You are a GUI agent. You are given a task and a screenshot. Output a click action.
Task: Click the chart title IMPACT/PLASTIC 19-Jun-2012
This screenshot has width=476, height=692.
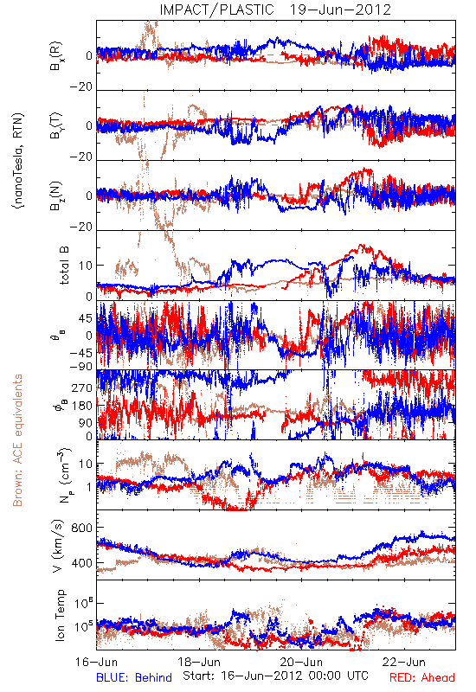pyautogui.click(x=275, y=10)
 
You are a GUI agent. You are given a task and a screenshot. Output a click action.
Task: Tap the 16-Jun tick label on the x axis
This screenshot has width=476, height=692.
pyautogui.click(x=97, y=662)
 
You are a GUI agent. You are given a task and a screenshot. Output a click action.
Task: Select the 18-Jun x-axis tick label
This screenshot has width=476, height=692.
pyautogui.click(x=199, y=662)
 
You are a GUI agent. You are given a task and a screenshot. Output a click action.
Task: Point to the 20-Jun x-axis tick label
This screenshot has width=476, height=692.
pyautogui.click(x=301, y=662)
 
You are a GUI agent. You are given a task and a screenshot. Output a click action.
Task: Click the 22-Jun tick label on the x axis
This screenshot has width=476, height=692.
pyautogui.click(x=404, y=662)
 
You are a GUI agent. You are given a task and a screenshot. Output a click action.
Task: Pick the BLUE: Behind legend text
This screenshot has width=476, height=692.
pyautogui.click(x=134, y=678)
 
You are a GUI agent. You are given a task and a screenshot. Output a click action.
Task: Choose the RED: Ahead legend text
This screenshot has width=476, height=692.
pyautogui.click(x=422, y=678)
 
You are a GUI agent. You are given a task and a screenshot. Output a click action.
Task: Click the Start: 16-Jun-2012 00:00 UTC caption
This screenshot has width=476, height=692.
pyautogui.click(x=275, y=676)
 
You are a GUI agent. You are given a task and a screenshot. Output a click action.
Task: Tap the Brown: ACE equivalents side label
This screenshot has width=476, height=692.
pyautogui.click(x=17, y=440)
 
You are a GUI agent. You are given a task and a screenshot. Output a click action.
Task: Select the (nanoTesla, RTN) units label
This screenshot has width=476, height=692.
pyautogui.click(x=18, y=160)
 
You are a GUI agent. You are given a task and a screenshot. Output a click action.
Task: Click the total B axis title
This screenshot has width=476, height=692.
pyautogui.click(x=63, y=266)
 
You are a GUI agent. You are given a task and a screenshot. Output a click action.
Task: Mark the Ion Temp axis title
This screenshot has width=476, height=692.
pyautogui.click(x=60, y=615)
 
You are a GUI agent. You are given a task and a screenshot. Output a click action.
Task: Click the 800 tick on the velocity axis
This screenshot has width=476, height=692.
pyautogui.click(x=81, y=528)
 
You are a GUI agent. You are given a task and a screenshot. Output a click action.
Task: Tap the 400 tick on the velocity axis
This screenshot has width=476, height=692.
pyautogui.click(x=81, y=563)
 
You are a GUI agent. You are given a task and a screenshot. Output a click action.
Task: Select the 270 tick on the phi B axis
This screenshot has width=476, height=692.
pyautogui.click(x=82, y=388)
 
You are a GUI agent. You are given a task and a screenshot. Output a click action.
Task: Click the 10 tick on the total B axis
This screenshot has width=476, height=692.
pyautogui.click(x=86, y=266)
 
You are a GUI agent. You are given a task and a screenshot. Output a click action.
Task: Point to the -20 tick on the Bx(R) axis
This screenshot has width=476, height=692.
pyautogui.click(x=80, y=86)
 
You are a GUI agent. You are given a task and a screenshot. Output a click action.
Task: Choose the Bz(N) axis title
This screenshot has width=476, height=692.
pyautogui.click(x=56, y=195)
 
